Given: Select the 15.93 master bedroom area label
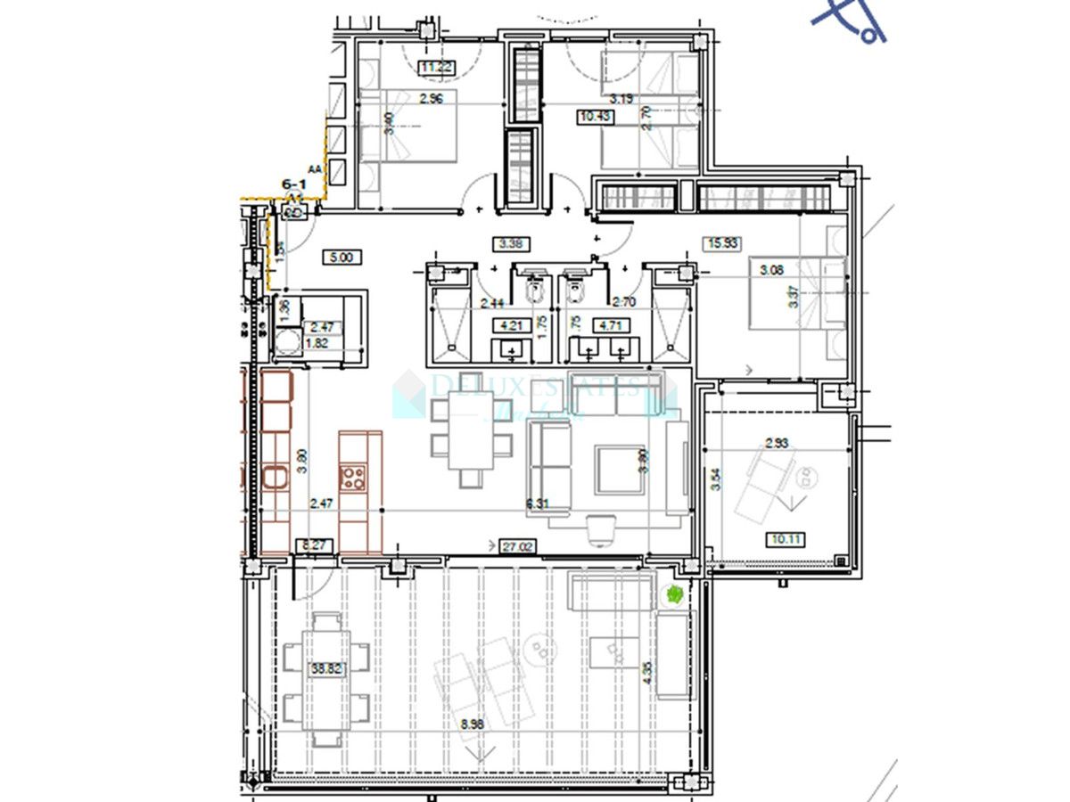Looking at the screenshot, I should coord(722,242).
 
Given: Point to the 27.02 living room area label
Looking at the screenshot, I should coord(518,546).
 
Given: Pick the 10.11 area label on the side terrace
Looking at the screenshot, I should coord(785,539).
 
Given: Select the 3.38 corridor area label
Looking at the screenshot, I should coord(511,242).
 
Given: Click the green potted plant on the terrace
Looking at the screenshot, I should coord(674,594).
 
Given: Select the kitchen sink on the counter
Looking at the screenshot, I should coord(276,479).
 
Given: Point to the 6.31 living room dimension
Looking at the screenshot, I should coord(538,504).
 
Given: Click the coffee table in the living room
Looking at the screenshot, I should coord(620,470).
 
